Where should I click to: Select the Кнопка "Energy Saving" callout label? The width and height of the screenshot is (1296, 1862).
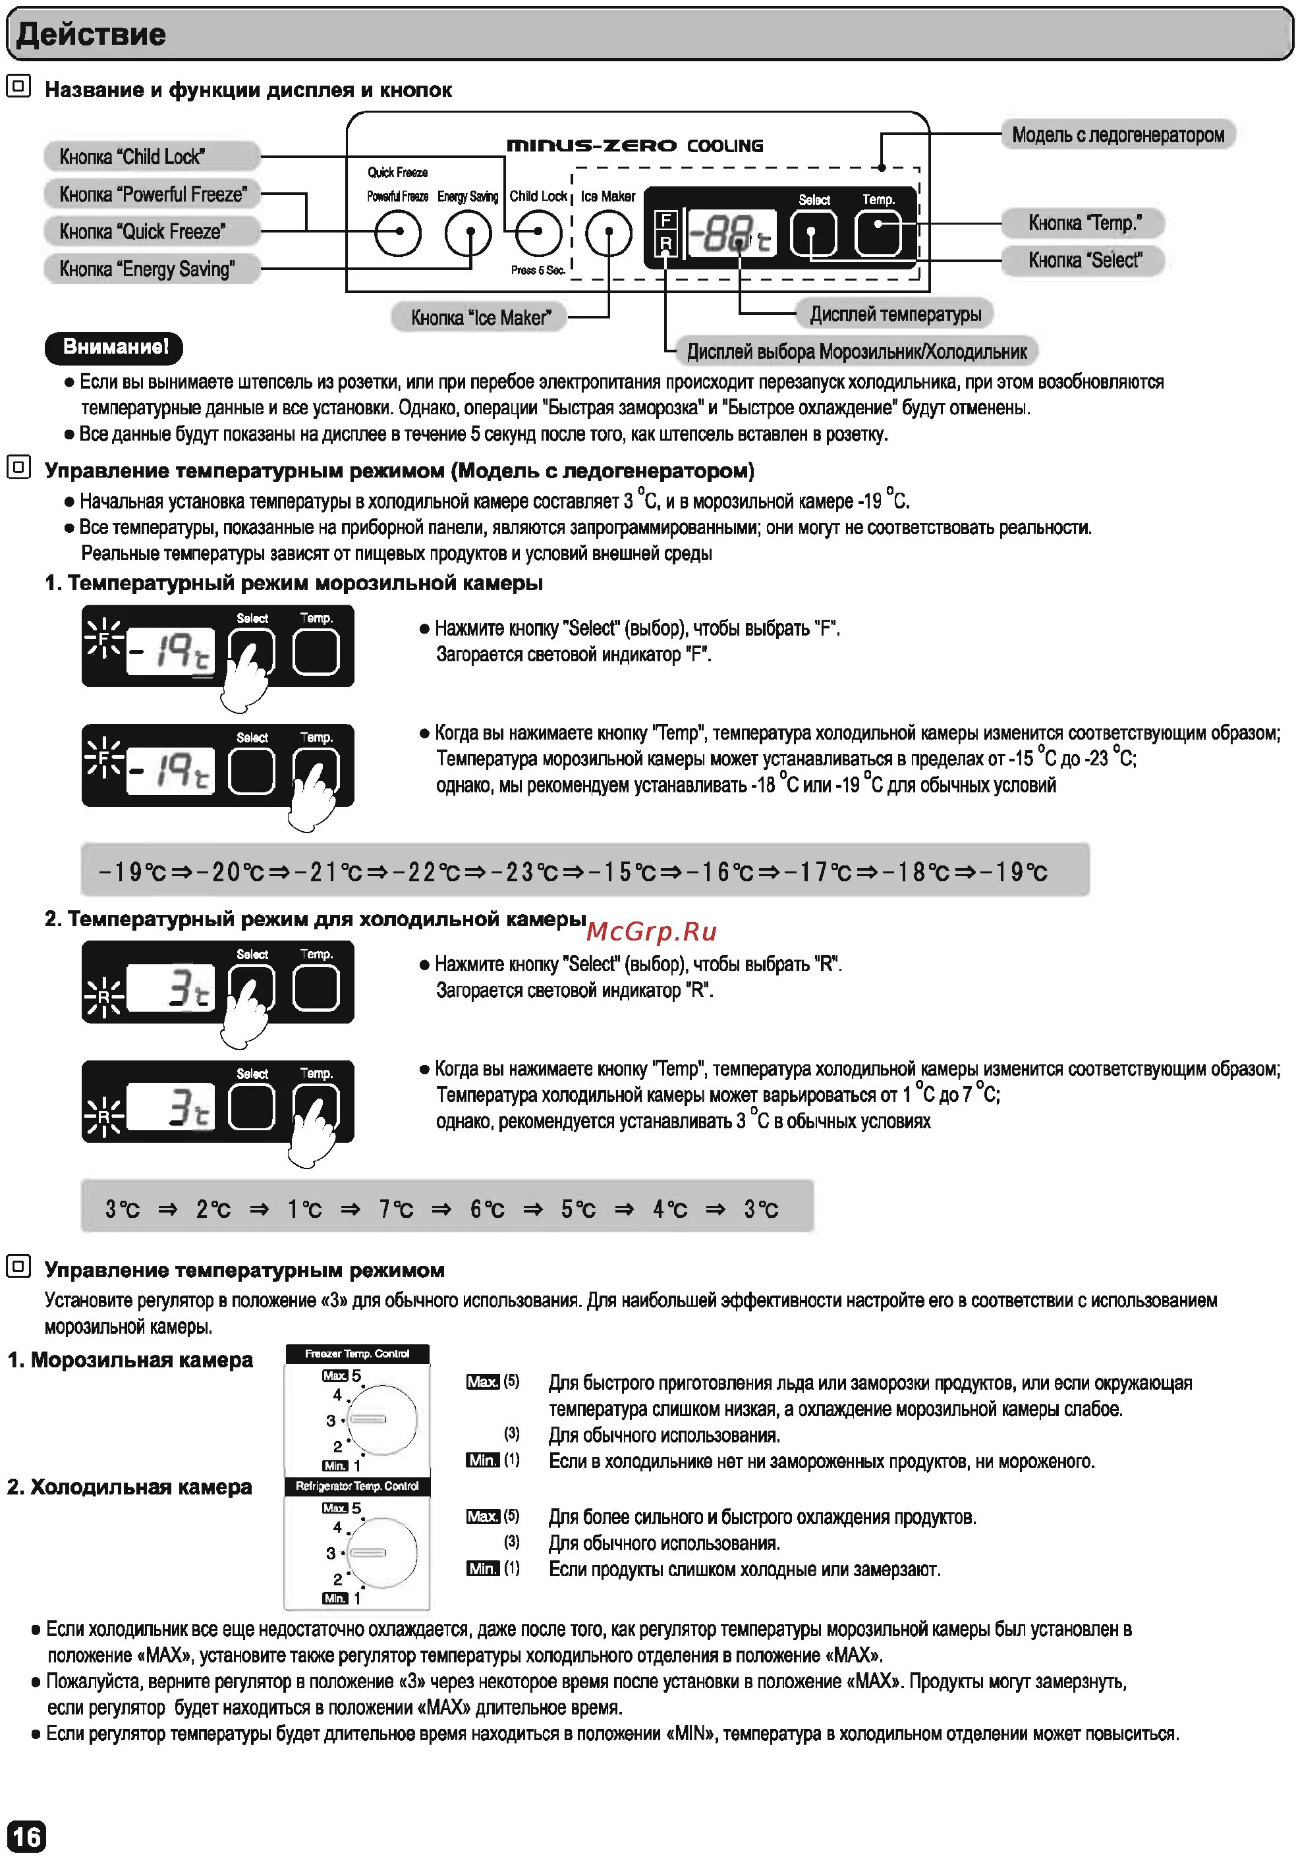click(151, 269)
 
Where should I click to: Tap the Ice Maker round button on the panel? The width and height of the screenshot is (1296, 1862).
click(608, 234)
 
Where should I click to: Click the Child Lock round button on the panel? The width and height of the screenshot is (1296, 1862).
click(538, 234)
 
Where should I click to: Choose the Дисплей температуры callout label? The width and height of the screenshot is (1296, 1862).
click(895, 314)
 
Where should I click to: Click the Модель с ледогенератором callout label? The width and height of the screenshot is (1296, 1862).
click(1117, 134)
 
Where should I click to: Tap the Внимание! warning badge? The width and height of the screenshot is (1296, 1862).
click(115, 347)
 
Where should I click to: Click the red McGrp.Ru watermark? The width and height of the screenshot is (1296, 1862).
click(651, 932)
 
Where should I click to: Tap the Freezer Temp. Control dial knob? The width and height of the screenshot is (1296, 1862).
click(381, 1419)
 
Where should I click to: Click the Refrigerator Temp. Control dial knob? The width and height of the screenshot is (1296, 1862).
click(381, 1552)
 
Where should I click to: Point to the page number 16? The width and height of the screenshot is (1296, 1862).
click(26, 1836)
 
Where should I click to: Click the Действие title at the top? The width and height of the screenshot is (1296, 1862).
click(91, 35)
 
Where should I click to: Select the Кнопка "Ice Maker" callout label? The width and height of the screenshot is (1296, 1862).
click(480, 317)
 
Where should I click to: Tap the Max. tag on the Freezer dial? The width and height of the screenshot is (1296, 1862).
click(334, 1375)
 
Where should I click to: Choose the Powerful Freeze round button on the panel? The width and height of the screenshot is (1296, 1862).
click(398, 234)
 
